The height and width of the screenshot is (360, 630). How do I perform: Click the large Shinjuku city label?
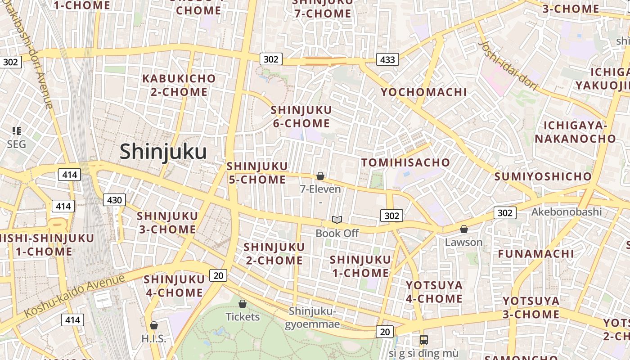163,152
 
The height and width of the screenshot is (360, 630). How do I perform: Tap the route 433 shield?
387,59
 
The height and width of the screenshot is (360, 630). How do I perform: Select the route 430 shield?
114,200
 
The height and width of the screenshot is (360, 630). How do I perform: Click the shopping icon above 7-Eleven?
320,176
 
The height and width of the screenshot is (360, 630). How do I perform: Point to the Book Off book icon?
337,220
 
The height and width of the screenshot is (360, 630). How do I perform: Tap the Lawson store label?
463,242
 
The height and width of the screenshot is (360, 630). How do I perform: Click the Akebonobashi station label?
566,211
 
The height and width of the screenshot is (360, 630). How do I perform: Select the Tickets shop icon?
243,304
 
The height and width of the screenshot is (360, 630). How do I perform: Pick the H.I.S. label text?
154,338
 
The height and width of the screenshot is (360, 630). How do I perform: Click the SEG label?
16,144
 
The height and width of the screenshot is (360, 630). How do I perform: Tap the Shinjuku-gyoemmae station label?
312,317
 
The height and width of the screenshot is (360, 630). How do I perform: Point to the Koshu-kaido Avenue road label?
74,295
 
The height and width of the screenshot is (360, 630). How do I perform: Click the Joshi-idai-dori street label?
508,66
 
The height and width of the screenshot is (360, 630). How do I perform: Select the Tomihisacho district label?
405,162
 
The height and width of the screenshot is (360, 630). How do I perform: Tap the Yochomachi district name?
423,92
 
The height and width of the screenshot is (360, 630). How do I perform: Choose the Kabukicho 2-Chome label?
179,85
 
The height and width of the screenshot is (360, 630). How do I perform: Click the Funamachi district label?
535,254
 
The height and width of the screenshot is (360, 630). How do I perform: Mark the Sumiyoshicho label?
542,176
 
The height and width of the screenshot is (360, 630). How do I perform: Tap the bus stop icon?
423,340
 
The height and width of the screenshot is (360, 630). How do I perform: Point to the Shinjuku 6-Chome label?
301,117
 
